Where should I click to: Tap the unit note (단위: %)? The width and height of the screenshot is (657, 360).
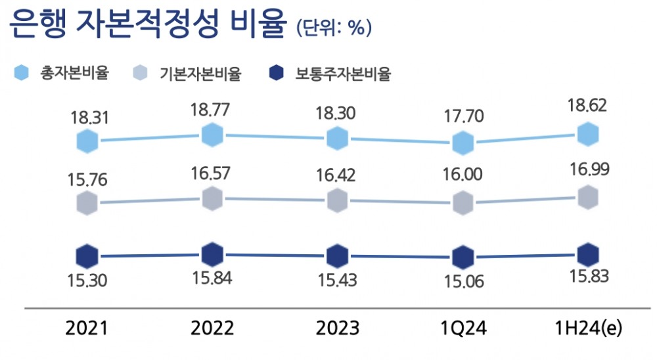tap(334, 28)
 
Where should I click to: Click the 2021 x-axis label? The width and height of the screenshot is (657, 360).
tap(86, 328)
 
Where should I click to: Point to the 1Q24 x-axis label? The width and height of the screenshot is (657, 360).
tap(463, 328)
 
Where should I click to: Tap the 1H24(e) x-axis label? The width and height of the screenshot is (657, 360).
tap(588, 328)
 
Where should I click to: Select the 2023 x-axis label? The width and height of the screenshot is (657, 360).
tap(337, 328)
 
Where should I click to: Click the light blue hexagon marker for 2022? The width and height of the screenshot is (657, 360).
tap(212, 135)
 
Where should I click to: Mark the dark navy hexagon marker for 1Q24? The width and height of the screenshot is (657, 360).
tap(463, 258)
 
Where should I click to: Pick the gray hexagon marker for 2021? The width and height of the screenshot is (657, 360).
tap(87, 204)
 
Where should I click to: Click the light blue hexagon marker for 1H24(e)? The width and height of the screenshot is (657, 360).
tap(589, 135)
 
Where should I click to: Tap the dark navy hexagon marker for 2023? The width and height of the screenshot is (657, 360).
tap(337, 256)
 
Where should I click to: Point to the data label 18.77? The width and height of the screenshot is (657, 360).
tap(211, 110)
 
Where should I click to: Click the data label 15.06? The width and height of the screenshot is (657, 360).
tap(463, 282)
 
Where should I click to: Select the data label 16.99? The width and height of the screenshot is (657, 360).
tap(589, 170)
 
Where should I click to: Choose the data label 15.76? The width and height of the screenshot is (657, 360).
tap(87, 178)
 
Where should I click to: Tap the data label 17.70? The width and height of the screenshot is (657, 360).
tap(463, 116)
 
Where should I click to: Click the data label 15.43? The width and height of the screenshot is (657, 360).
tap(337, 280)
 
